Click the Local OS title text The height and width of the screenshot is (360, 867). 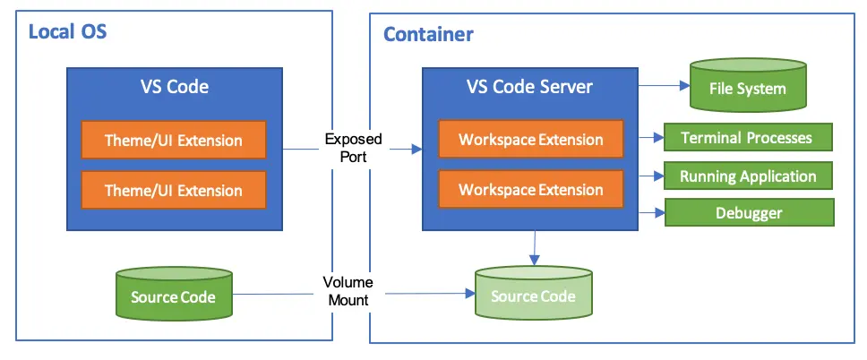(x=68, y=33)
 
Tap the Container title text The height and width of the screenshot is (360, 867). (x=428, y=35)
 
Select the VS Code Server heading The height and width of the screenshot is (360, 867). (x=529, y=87)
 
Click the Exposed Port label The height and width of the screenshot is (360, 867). (x=353, y=147)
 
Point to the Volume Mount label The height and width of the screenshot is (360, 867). (x=348, y=291)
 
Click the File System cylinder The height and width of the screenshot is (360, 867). (x=747, y=89)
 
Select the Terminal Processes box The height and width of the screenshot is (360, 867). (x=747, y=138)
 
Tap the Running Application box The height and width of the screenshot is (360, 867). (x=747, y=176)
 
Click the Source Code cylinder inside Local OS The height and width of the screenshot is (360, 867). (x=173, y=296)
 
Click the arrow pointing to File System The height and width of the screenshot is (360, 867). (x=659, y=87)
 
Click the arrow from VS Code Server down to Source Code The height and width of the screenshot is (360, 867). (x=535, y=246)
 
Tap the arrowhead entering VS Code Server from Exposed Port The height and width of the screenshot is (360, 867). (x=416, y=148)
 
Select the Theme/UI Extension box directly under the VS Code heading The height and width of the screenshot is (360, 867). (x=174, y=141)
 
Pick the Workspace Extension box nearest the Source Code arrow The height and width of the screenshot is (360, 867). (x=530, y=190)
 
